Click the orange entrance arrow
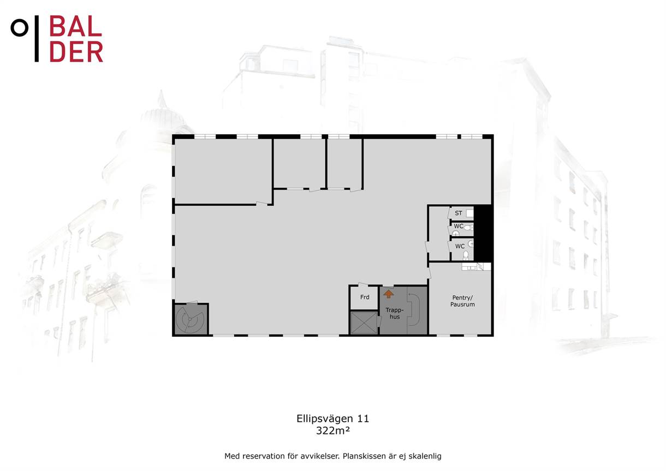tap(389, 294)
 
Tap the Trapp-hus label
tap(395, 313)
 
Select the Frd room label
tap(365, 297)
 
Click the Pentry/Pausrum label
tap(462, 301)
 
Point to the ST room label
tap(459, 213)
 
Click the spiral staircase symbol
tap(189, 319)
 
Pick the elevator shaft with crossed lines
tap(364, 323)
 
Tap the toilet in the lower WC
tap(466, 255)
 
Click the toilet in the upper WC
tap(468, 228)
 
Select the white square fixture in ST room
tap(469, 213)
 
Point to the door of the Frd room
tap(364, 284)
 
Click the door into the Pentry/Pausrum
tap(429, 273)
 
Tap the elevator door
tap(379, 321)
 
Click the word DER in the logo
tap(76, 52)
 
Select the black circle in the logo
tap(20, 28)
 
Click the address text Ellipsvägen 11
tap(332, 419)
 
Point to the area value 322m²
tap(332, 431)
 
